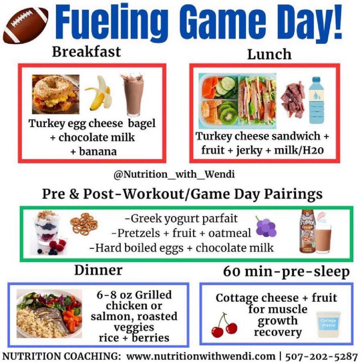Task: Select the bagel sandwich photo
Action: [x=56, y=94]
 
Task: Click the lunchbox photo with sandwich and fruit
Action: [x=237, y=101]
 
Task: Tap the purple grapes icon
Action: [x=266, y=227]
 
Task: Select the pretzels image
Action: [x=84, y=224]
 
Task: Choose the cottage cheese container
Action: [x=328, y=324]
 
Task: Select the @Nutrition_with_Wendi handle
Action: [x=174, y=174]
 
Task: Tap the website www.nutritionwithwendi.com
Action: [x=201, y=355]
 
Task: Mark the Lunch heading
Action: [x=269, y=55]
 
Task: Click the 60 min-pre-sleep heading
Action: [x=286, y=271]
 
